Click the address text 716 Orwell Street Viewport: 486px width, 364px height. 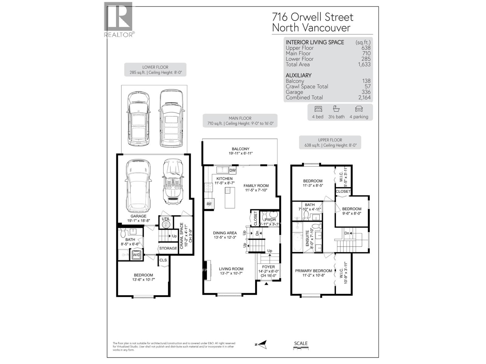313,17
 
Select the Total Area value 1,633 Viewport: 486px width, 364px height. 364,64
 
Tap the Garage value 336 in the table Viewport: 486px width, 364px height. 366,92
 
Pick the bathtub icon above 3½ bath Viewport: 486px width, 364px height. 336,109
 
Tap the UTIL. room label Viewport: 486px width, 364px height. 166,219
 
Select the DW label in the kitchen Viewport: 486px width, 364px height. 232,170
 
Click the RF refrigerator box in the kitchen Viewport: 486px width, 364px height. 209,204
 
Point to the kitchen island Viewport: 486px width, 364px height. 230,197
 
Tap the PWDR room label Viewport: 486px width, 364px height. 270,220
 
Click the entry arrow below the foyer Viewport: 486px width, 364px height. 266,284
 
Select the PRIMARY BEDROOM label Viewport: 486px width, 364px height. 313,271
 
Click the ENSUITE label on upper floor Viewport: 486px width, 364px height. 307,239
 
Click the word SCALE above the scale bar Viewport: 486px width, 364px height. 301,343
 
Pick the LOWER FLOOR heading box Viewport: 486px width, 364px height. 155,70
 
